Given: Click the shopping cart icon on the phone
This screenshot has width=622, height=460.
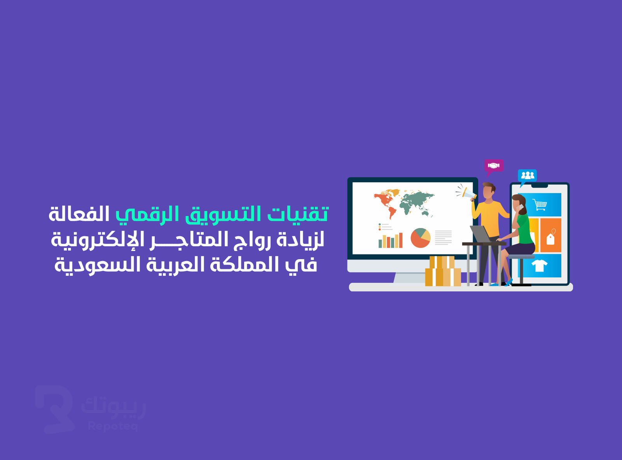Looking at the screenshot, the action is point(540,205).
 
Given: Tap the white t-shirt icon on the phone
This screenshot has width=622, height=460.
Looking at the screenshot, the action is point(539,265).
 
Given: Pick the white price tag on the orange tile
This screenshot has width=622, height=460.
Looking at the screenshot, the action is point(550,238).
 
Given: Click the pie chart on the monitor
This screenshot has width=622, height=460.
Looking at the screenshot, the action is point(420,238).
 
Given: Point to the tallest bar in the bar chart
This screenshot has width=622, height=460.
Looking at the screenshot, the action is point(401,240).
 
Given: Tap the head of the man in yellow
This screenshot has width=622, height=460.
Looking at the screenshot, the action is point(489,191).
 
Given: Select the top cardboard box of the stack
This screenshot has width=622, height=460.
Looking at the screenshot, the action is point(442,262).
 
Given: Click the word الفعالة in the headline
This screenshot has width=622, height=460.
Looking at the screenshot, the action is point(79,214).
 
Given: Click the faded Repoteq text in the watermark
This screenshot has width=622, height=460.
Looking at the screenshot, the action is point(113,426).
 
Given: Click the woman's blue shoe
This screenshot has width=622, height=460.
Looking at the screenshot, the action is point(508,282).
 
